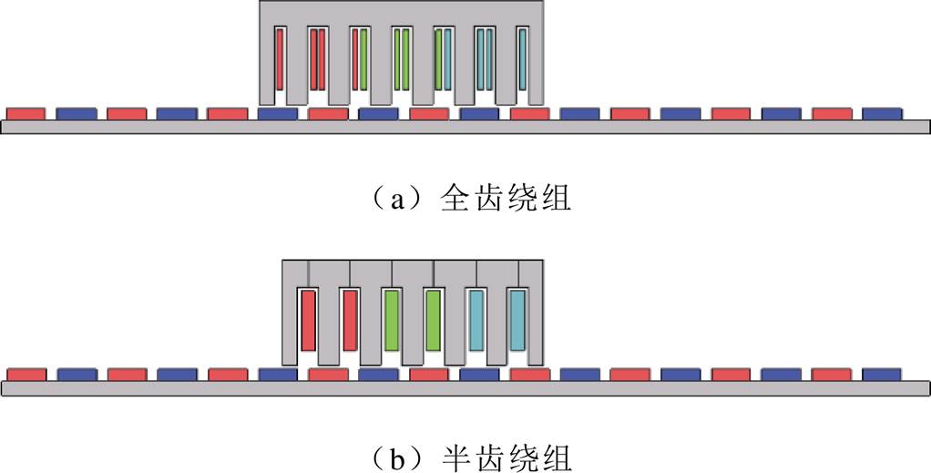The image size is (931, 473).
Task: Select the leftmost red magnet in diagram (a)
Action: tap(26, 113)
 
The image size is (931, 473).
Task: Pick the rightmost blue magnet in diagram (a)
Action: tap(881, 113)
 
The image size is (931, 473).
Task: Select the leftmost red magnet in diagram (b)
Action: tap(26, 375)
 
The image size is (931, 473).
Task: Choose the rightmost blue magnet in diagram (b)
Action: tap(881, 375)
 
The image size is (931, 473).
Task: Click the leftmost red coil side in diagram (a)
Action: tap(279, 60)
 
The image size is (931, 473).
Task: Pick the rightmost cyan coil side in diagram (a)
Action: tap(523, 60)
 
